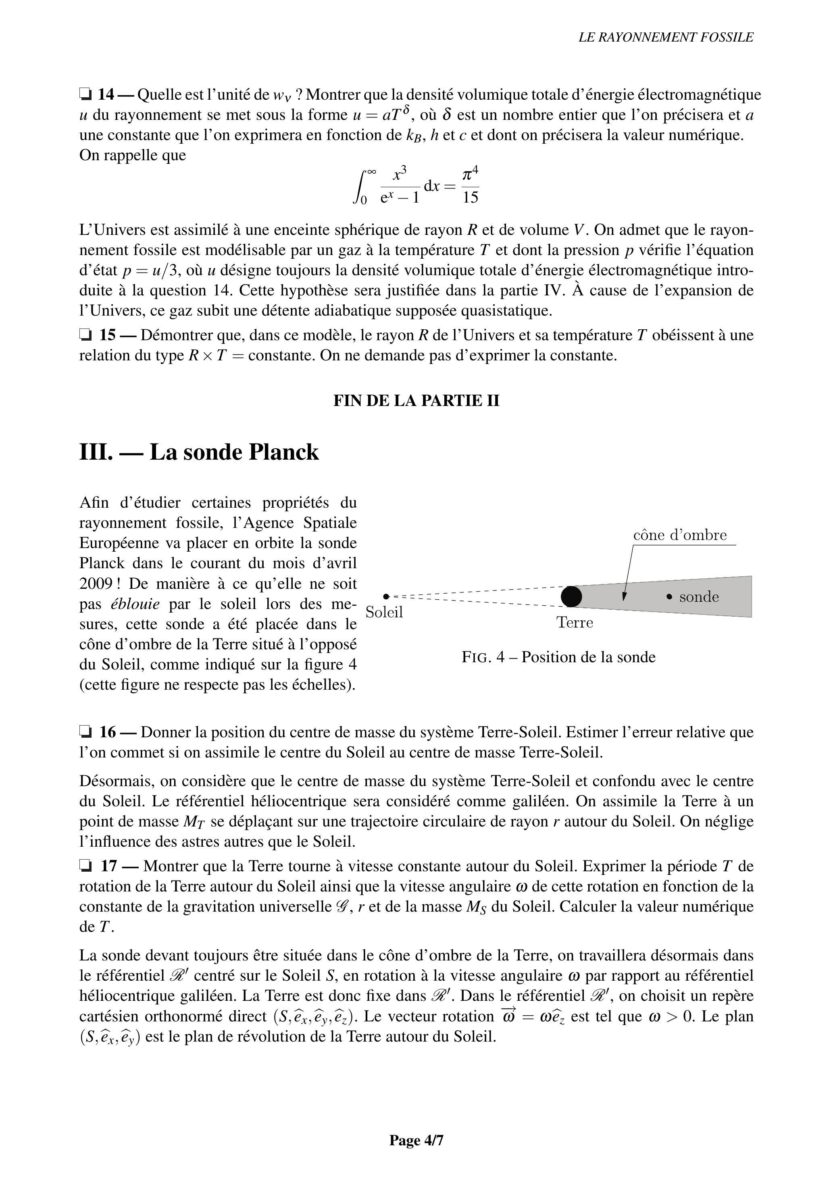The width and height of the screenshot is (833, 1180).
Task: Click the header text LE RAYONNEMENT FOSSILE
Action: (x=666, y=38)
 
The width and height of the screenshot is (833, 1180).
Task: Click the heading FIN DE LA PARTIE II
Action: (x=416, y=401)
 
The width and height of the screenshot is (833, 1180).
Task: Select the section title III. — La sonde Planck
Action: (x=199, y=452)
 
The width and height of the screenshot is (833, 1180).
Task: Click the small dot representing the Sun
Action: (x=386, y=596)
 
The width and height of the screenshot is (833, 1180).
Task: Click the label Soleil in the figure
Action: (x=384, y=613)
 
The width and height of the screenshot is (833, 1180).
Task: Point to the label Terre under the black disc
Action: (x=575, y=623)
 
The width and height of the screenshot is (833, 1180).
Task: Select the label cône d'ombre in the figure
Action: (x=680, y=536)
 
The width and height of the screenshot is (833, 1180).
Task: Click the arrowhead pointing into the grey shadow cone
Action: (x=624, y=596)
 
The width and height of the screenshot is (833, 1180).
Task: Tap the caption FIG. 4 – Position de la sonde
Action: (x=558, y=657)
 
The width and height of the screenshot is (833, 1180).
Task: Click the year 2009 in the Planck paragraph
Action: (x=96, y=584)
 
